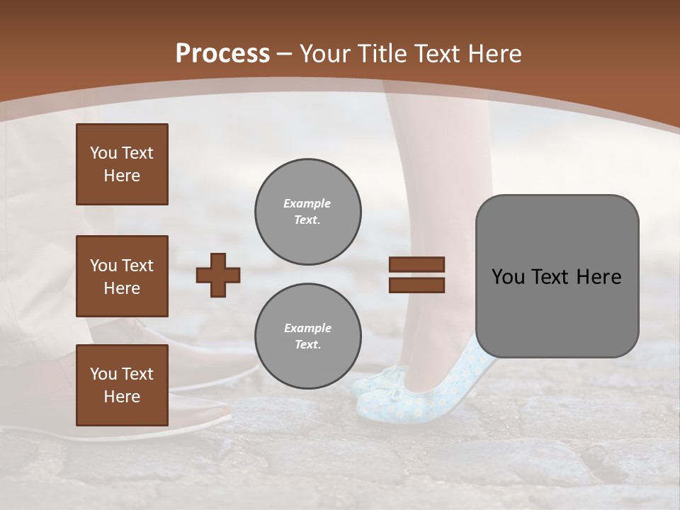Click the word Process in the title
(x=222, y=54)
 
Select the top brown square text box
(x=122, y=164)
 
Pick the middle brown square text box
(x=122, y=276)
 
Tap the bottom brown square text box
(x=122, y=385)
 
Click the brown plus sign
(x=218, y=275)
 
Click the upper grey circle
(x=308, y=212)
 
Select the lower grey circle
(x=308, y=336)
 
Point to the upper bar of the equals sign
(x=416, y=265)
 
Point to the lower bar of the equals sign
(x=416, y=285)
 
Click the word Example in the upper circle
(x=307, y=203)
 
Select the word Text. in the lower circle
(x=307, y=345)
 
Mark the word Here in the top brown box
(x=122, y=176)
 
